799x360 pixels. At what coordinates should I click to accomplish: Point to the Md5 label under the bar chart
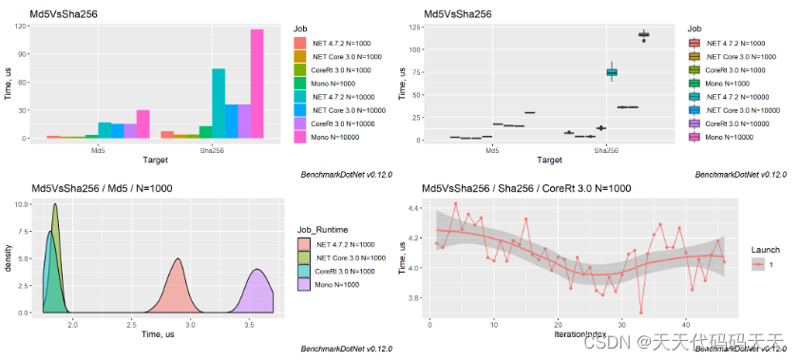pos(98,150)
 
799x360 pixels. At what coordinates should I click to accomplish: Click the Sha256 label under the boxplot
pos(606,150)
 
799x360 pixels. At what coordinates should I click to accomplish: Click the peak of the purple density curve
pos(256,271)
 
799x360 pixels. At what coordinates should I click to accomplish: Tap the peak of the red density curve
pos(178,260)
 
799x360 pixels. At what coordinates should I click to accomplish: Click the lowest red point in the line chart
pos(640,312)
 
